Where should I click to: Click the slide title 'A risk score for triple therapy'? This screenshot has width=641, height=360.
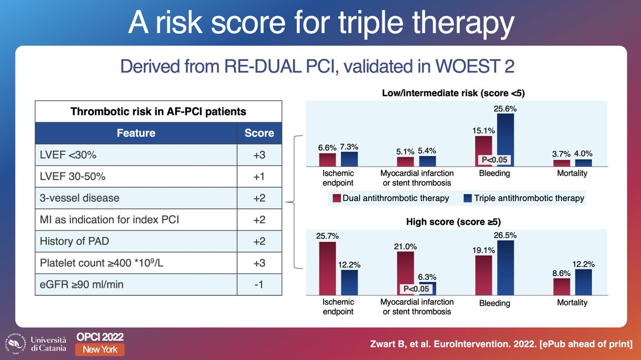click(x=320, y=24)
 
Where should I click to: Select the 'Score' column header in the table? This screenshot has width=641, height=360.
click(x=259, y=133)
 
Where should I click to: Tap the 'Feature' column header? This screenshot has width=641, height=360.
click(x=136, y=133)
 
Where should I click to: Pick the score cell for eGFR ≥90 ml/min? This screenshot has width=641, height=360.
click(x=259, y=284)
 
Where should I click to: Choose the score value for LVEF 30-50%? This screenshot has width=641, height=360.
click(x=259, y=176)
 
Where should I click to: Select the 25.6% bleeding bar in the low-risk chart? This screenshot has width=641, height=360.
click(x=505, y=140)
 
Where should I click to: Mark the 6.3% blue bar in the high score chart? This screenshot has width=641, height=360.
click(x=428, y=288)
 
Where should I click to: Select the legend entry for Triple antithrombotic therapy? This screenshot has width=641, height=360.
click(x=523, y=198)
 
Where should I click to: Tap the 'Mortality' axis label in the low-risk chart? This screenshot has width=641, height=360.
click(x=572, y=173)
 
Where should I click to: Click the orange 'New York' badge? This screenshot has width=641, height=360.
click(x=100, y=349)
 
